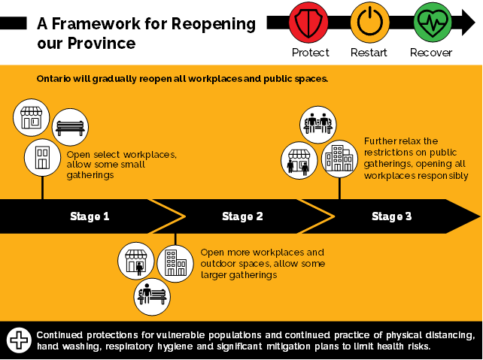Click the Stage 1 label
[90, 216]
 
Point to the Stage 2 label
[242, 216]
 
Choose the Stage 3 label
[391, 216]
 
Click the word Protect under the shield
[310, 53]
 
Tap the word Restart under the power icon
[369, 53]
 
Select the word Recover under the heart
[430, 53]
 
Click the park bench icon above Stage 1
[71, 126]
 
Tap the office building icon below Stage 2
[175, 262]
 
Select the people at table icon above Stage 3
[317, 123]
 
